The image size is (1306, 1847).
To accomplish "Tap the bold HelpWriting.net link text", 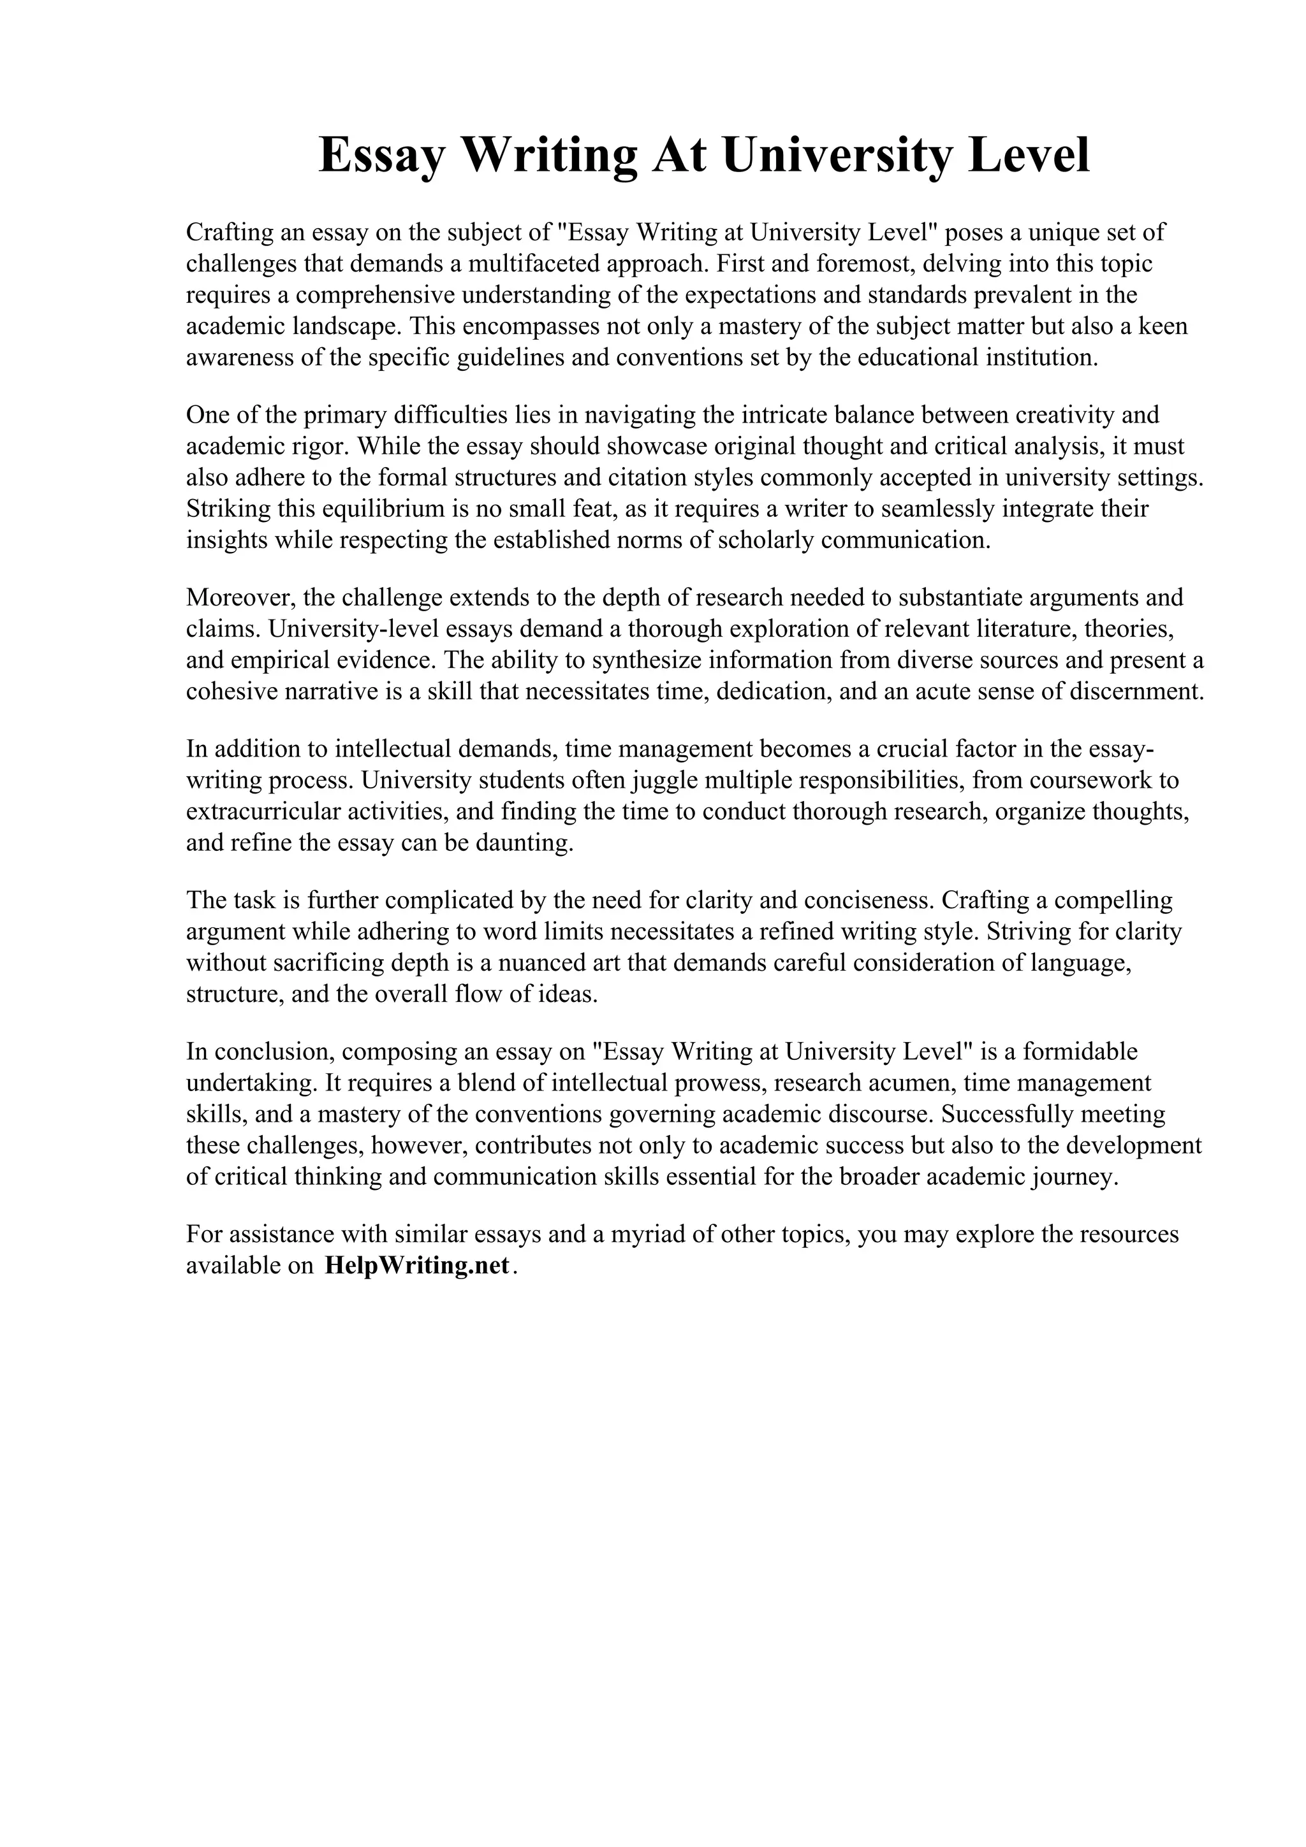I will coord(417,1265).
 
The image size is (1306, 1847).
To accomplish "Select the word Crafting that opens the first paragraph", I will coord(228,233).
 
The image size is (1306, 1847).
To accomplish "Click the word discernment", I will coord(1134,692).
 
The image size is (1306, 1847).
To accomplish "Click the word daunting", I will coord(527,843).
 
